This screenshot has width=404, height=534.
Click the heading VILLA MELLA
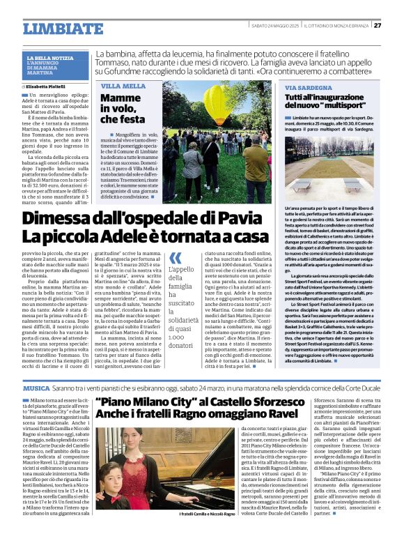pos(123,86)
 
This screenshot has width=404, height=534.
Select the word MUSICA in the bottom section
pos(36,387)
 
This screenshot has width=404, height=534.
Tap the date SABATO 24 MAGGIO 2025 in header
pos(274,26)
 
